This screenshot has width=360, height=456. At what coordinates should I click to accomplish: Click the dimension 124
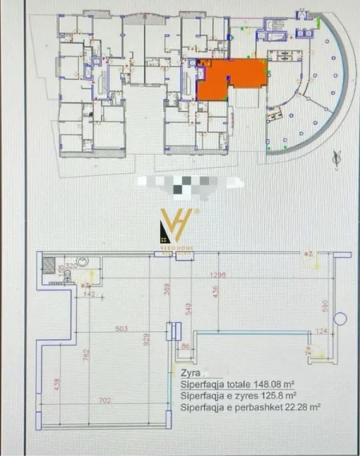320,330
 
